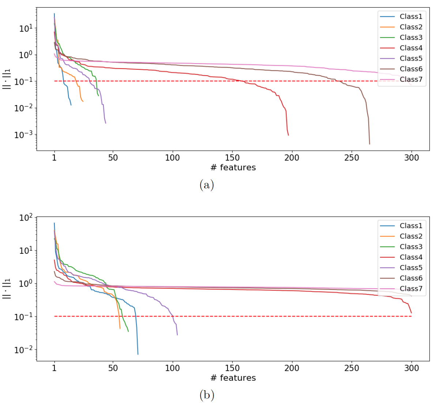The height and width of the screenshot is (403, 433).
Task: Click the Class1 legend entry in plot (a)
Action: pos(411,16)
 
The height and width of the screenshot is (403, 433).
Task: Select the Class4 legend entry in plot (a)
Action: pos(411,48)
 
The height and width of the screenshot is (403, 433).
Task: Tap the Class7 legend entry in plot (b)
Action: pos(411,288)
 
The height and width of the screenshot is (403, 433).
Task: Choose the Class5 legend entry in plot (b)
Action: pos(411,268)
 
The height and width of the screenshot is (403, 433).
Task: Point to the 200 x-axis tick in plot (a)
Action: pos(292,158)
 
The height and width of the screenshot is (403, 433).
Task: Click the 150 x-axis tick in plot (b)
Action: pos(232,368)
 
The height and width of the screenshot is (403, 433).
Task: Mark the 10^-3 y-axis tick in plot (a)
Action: pos(23,135)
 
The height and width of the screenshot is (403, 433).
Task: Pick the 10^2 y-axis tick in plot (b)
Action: pos(26,218)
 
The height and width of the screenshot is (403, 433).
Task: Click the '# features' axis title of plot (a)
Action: pos(233,168)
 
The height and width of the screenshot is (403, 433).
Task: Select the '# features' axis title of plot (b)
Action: pos(233,378)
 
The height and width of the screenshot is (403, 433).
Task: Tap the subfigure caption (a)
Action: pos(207,185)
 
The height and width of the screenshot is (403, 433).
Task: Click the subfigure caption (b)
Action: pos(207,395)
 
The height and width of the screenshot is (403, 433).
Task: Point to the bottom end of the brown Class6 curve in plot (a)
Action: pos(369,144)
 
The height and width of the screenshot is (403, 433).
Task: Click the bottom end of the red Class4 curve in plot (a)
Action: pos(288,135)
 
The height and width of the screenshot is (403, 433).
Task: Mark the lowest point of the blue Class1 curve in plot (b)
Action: pos(138,354)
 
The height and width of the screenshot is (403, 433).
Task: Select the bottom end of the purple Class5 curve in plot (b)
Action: pos(177,335)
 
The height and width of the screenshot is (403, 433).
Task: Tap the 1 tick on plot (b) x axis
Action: pos(54,368)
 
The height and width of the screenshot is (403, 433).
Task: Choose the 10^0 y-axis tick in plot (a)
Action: pos(26,55)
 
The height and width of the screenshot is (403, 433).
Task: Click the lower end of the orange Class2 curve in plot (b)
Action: pos(120,329)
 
